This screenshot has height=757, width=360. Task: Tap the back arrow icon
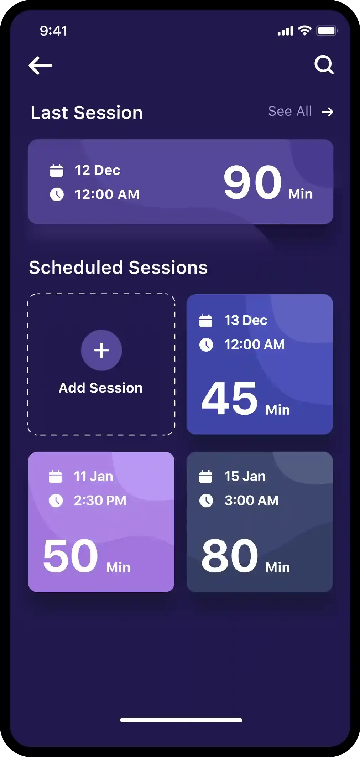(x=40, y=66)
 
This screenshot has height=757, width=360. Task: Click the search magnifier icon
(x=324, y=65)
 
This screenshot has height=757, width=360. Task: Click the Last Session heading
(x=87, y=113)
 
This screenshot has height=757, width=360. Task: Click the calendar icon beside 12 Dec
(x=56, y=170)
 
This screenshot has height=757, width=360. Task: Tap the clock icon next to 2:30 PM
(x=56, y=501)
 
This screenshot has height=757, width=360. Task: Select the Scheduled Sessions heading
(x=118, y=268)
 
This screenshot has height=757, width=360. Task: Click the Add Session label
(x=101, y=388)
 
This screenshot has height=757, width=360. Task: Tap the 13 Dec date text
(x=246, y=320)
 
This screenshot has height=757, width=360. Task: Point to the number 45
(x=230, y=398)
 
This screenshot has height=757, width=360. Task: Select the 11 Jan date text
(x=93, y=476)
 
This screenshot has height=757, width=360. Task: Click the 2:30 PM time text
(x=100, y=501)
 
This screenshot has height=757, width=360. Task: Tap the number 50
(x=71, y=556)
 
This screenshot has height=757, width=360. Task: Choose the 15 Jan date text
(x=245, y=476)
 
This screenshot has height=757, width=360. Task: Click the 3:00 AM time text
(x=251, y=501)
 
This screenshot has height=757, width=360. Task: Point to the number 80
(x=230, y=556)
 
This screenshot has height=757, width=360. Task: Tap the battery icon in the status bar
(x=327, y=31)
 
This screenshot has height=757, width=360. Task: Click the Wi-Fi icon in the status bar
(x=304, y=31)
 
